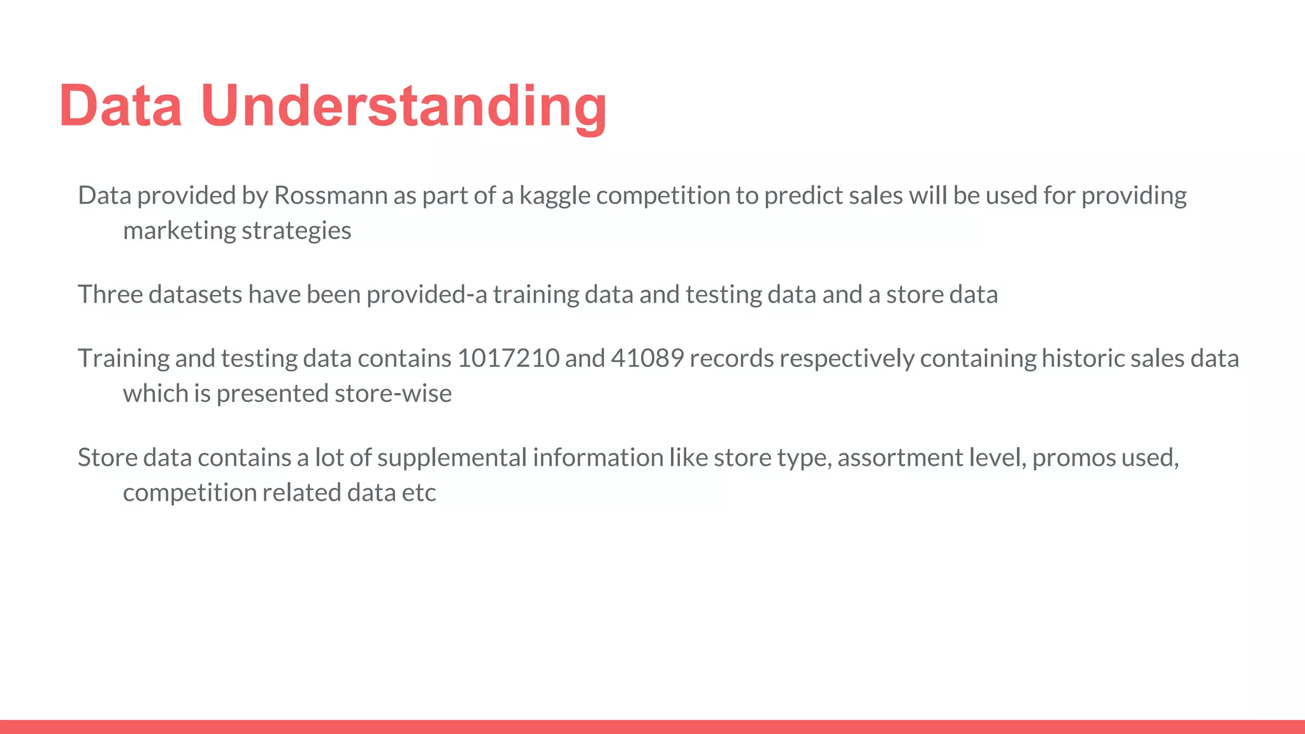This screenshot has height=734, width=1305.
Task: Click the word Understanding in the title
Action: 403,106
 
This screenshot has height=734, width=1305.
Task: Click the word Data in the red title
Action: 121,106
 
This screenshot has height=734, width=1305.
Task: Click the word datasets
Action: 195,294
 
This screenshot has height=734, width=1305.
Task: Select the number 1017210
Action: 508,358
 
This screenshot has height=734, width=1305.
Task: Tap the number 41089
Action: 647,358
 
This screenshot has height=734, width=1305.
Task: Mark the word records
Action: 731,358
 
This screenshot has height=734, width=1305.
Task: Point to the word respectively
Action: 847,358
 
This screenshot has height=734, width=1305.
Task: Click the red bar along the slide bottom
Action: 652,726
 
